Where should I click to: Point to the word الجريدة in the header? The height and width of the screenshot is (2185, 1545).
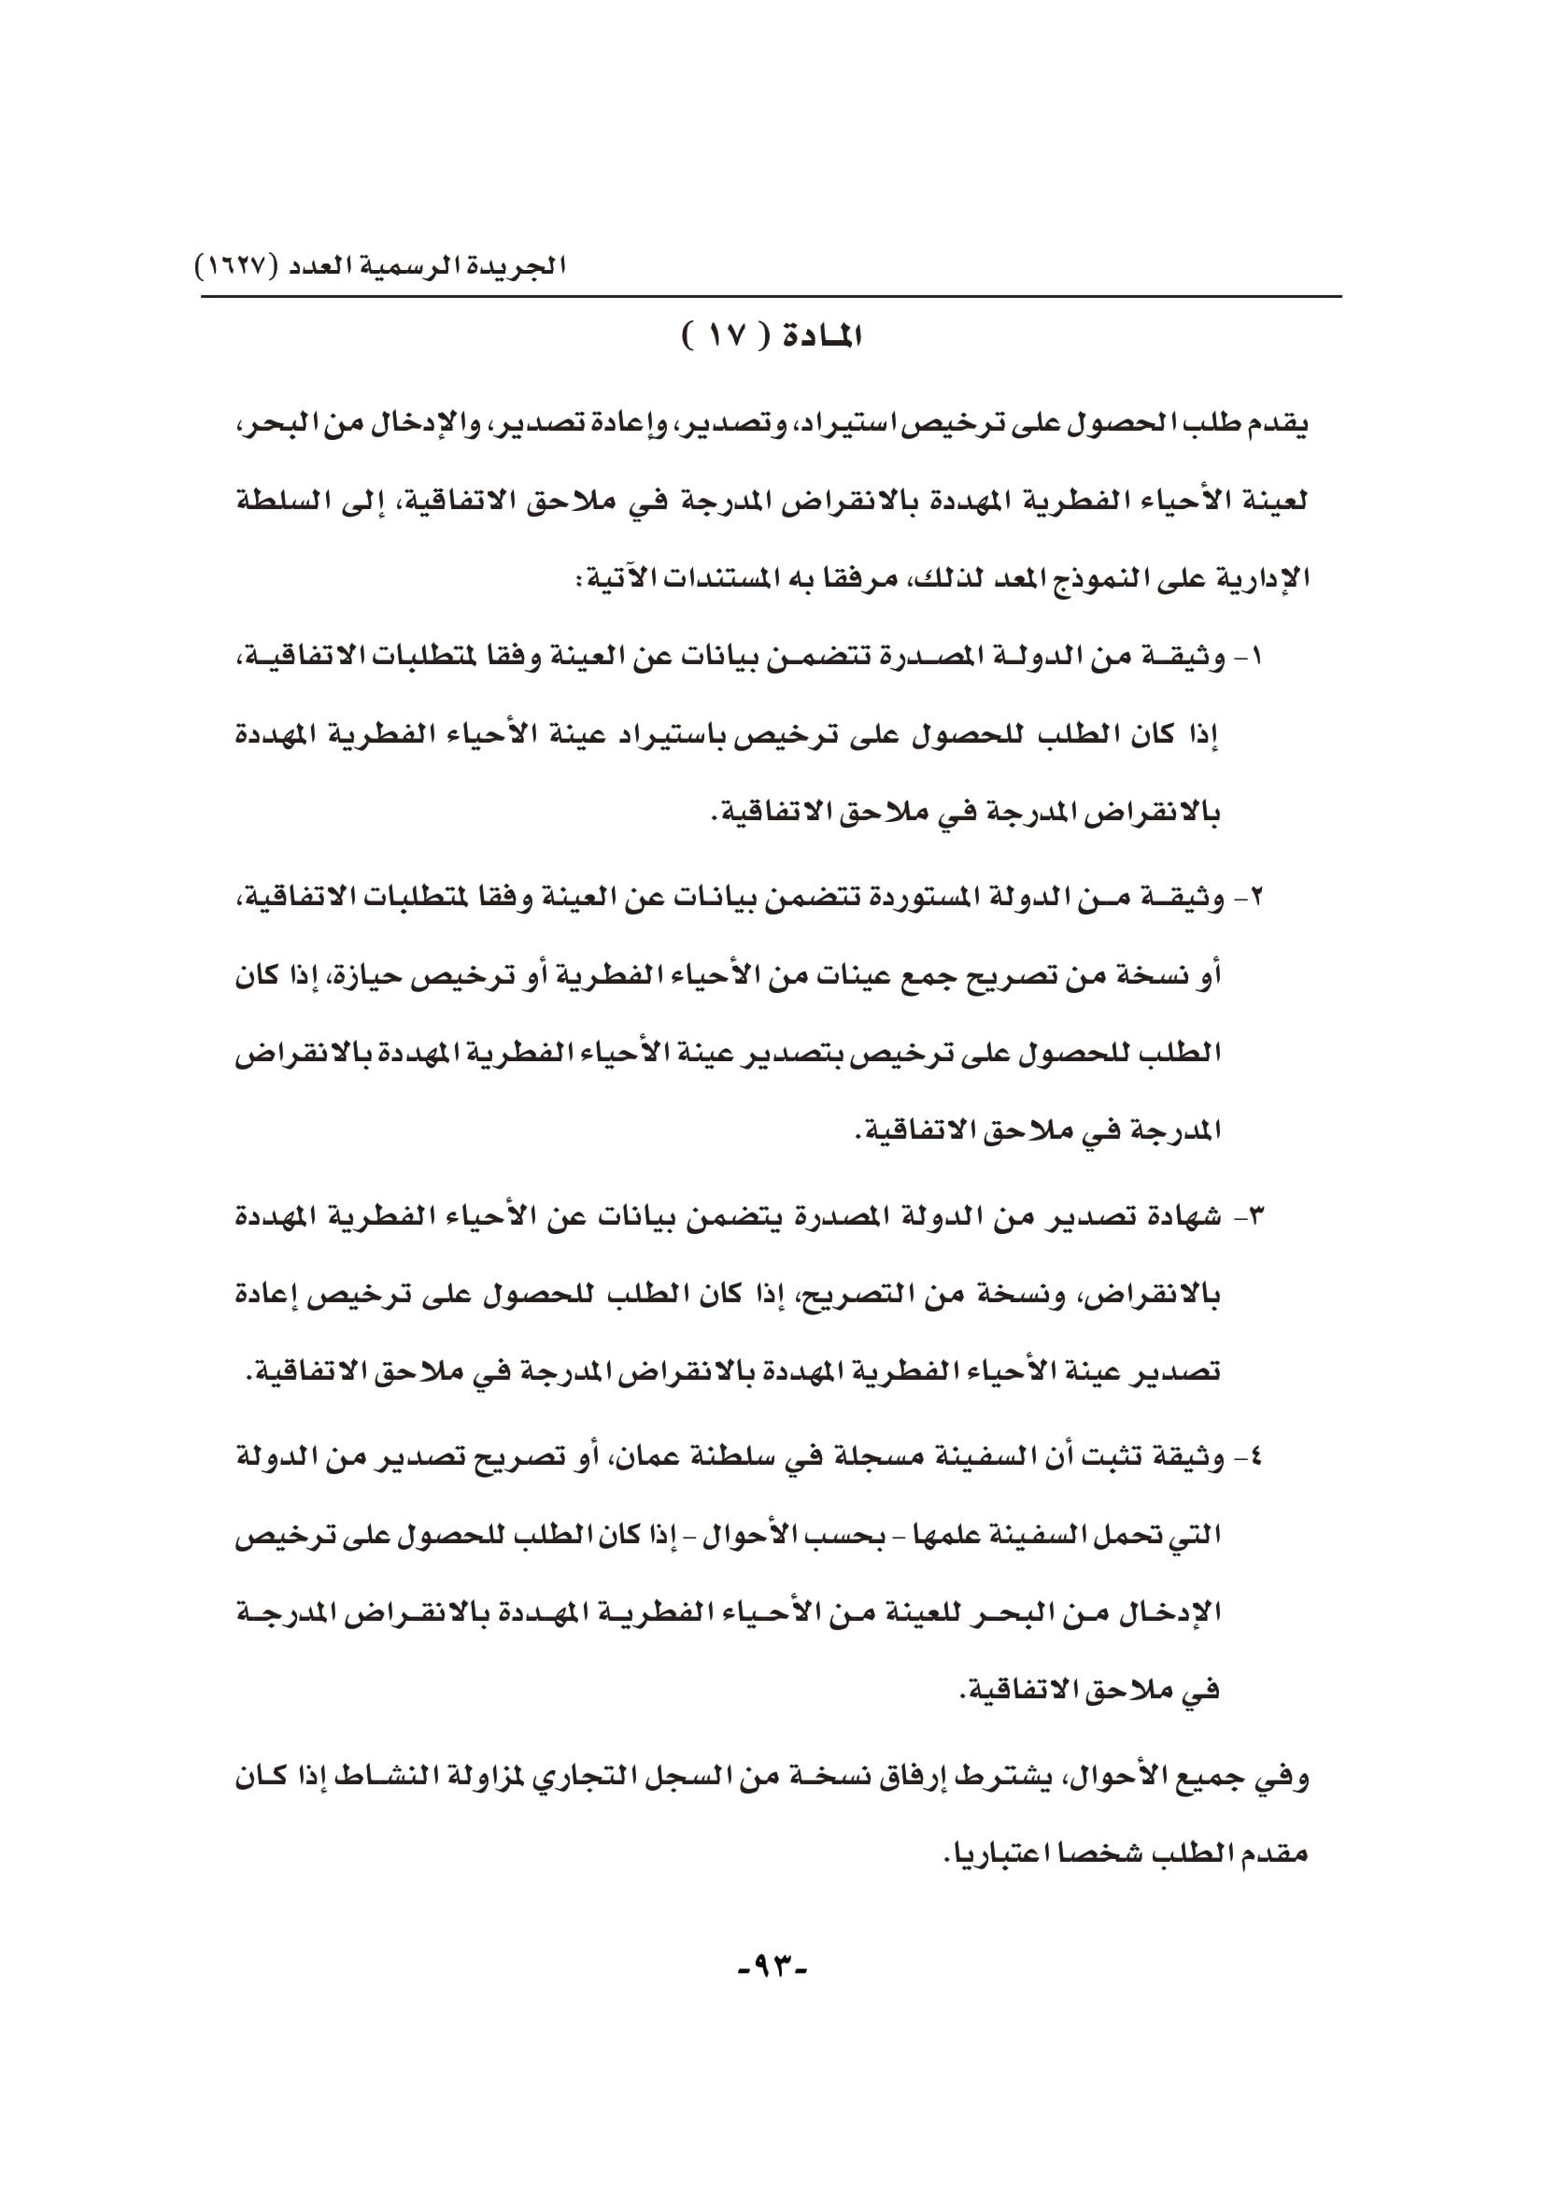tap(520, 263)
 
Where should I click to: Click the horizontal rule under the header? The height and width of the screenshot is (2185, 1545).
tap(772, 298)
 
